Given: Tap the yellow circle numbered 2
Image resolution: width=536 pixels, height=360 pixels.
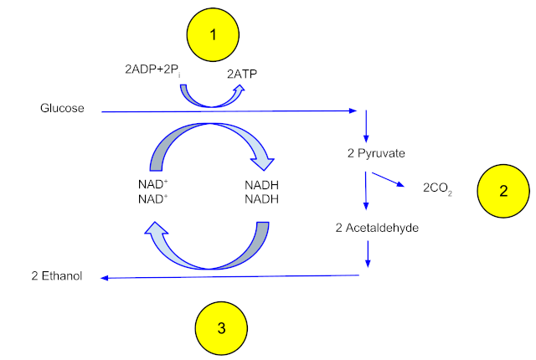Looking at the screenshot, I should pyautogui.click(x=503, y=191).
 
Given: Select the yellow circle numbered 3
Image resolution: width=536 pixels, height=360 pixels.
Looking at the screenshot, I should pyautogui.click(x=220, y=328).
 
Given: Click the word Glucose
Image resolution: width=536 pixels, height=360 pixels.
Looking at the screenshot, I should pyautogui.click(x=61, y=108).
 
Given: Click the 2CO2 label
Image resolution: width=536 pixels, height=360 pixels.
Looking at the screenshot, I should pyautogui.click(x=440, y=191).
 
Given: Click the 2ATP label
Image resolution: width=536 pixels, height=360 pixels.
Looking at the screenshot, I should pyautogui.click(x=244, y=74).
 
